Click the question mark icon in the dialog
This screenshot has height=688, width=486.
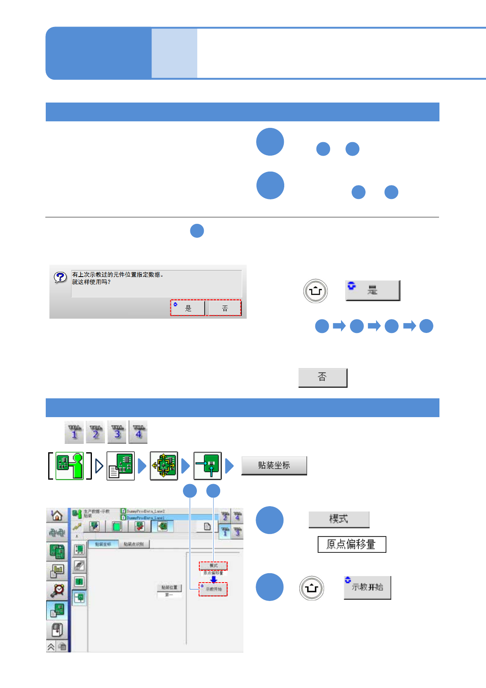pyautogui.click(x=60, y=277)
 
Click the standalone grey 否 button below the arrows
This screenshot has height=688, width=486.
pyautogui.click(x=323, y=377)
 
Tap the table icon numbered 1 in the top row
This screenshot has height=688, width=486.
pyautogui.click(x=74, y=432)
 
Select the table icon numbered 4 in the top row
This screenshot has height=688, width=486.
pyautogui.click(x=138, y=432)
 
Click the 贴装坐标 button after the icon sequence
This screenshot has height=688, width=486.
pyautogui.click(x=274, y=466)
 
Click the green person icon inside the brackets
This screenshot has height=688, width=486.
pyautogui.click(x=69, y=466)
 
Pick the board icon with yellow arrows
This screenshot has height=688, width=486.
pyautogui.click(x=164, y=466)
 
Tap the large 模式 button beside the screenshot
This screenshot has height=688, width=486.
pyautogui.click(x=339, y=520)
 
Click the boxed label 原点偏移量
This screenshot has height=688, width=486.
pyautogui.click(x=352, y=544)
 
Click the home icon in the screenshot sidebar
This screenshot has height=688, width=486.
pyautogui.click(x=57, y=516)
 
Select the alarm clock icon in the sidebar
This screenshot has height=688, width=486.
pyautogui.click(x=58, y=590)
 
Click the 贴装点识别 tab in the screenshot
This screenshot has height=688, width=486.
pyautogui.click(x=134, y=544)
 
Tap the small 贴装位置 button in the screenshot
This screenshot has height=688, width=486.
pyautogui.click(x=169, y=587)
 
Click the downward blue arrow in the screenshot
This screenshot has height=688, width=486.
pyautogui.click(x=214, y=579)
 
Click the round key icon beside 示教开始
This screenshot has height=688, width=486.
pyautogui.click(x=312, y=588)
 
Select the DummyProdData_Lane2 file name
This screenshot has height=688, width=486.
pyautogui.click(x=145, y=511)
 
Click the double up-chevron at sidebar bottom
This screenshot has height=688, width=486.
pyautogui.click(x=51, y=647)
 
